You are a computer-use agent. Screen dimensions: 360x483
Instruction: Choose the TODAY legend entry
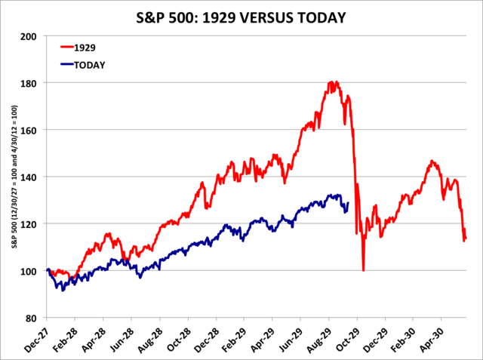[90, 65]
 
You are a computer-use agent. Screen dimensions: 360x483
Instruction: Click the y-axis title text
[13, 178]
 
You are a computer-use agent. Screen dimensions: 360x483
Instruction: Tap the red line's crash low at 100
[363, 270]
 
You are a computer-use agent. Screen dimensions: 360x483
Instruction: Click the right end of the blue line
[348, 202]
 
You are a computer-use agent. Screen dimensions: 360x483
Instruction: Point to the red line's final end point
[466, 238]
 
